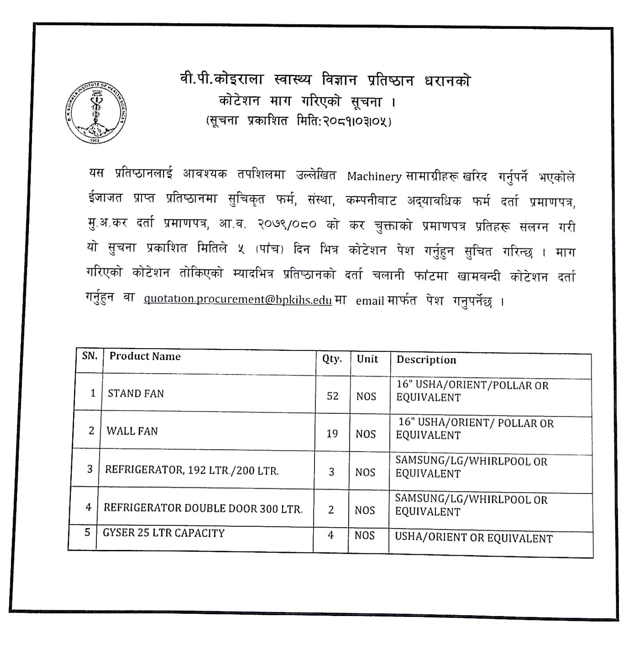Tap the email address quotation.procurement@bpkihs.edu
[237, 299]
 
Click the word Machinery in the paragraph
[374, 176]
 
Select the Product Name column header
[145, 356]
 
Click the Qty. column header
[332, 359]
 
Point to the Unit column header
[367, 359]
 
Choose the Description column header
[426, 360]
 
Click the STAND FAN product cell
[136, 393]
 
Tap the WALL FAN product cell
[132, 431]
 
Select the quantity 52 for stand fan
[332, 396]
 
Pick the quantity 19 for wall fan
[332, 434]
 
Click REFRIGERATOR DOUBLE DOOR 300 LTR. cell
[203, 508]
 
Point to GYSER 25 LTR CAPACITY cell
[164, 533]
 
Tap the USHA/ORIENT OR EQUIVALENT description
[474, 538]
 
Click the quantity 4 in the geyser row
[331, 535]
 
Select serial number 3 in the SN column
[90, 469]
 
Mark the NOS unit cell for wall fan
[366, 434]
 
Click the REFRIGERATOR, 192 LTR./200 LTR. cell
[192, 471]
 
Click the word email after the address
[370, 301]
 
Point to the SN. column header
[90, 356]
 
